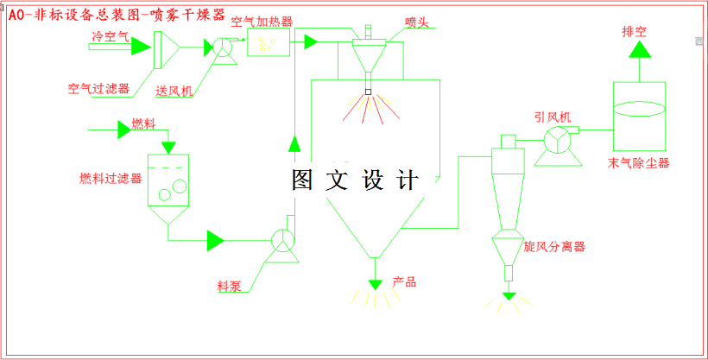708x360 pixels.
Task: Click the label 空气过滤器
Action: [x=98, y=88]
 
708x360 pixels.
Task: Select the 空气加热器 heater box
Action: [x=269, y=42]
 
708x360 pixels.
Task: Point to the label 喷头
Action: [x=417, y=20]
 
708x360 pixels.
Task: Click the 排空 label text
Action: [x=635, y=31]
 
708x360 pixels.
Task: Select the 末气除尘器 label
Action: [x=639, y=162]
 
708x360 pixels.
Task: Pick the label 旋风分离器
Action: [x=554, y=247]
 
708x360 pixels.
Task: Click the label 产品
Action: [x=404, y=281]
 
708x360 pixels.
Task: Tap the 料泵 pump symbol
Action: [x=283, y=241]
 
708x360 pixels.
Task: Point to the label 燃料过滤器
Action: [x=111, y=179]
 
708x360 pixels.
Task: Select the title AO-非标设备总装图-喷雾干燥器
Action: [x=116, y=15]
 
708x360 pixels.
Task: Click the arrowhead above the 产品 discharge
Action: [x=375, y=284]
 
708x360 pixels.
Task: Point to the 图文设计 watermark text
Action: [x=355, y=180]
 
